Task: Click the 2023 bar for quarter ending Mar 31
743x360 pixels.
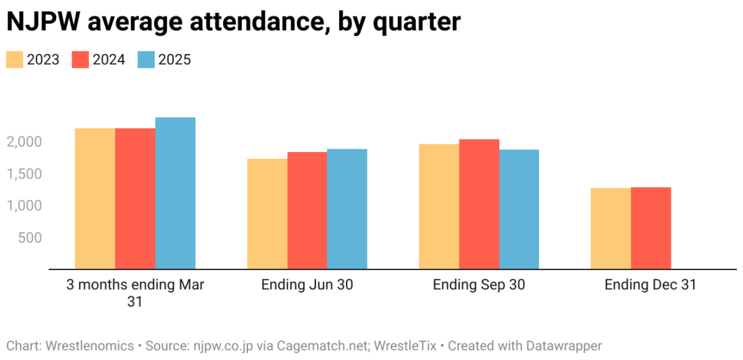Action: click(95, 199)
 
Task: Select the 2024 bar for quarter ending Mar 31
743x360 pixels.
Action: click(135, 199)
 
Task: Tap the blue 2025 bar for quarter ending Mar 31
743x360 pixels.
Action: click(175, 193)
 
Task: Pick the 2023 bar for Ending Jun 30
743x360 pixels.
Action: click(267, 213)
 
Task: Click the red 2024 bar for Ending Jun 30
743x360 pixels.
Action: click(307, 210)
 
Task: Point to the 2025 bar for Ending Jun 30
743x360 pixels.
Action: click(347, 209)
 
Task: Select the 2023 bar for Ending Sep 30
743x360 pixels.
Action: click(439, 207)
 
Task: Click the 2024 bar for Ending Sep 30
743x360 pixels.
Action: click(479, 204)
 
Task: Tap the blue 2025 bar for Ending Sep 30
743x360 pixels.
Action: click(519, 209)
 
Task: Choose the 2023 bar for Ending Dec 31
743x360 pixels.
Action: click(611, 228)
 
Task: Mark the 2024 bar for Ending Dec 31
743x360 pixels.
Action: click(651, 228)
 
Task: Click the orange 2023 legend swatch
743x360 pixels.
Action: click(15, 59)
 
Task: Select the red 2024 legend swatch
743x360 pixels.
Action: click(80, 59)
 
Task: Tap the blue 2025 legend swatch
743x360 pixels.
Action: click(147, 59)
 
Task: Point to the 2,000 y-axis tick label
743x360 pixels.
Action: click(25, 142)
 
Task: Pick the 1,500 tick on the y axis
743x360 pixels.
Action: click(25, 174)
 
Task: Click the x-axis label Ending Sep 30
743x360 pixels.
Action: click(479, 285)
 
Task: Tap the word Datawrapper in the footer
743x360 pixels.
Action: click(560, 346)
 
